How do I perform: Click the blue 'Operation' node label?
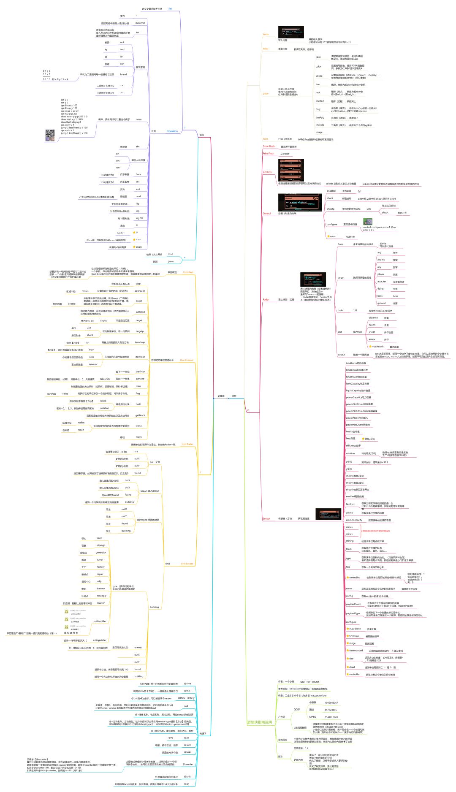(x=172, y=131)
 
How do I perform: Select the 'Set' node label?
(x=170, y=8)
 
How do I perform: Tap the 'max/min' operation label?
(x=140, y=23)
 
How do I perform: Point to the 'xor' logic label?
(x=122, y=64)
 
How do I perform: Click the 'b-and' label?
(x=123, y=74)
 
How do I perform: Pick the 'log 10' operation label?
(x=139, y=218)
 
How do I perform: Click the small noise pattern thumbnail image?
(x=49, y=136)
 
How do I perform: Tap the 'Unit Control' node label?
(x=186, y=360)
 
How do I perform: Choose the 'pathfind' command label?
(x=140, y=312)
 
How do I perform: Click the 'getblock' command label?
(x=140, y=415)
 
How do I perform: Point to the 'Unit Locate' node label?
(x=187, y=564)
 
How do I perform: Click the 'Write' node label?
(x=266, y=34)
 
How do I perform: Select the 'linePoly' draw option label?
(x=320, y=118)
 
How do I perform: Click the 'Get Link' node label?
(x=267, y=172)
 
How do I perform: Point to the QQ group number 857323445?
(x=331, y=710)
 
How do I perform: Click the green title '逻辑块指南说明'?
(x=260, y=722)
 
